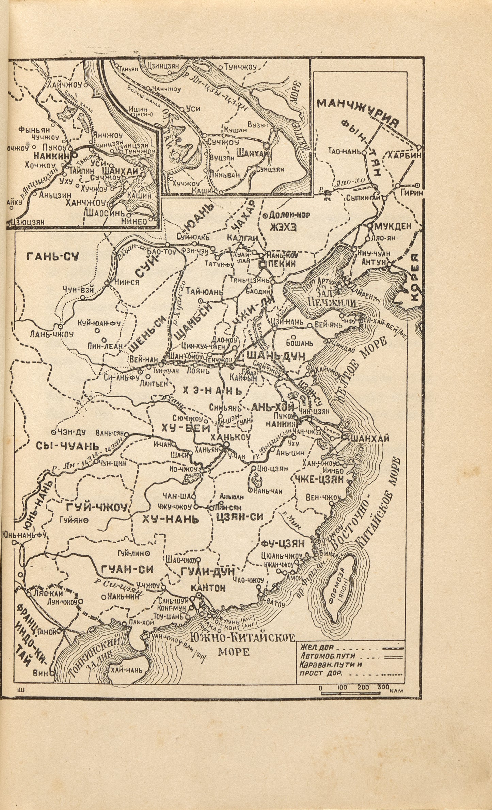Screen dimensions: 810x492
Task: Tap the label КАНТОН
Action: (x=204, y=588)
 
